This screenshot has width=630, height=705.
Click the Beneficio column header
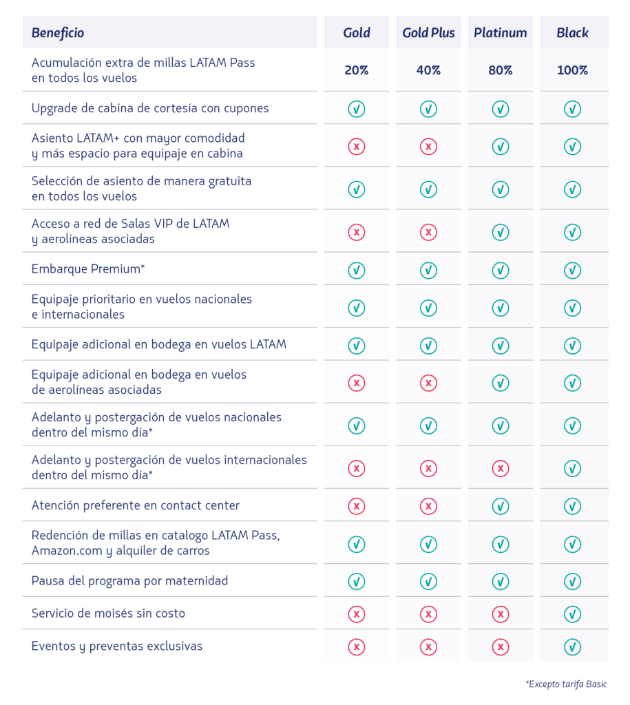click(58, 33)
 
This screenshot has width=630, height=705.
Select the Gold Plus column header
click(428, 33)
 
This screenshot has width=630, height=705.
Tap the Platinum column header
click(501, 33)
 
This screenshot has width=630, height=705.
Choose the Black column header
click(573, 33)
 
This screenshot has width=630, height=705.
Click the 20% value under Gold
click(357, 70)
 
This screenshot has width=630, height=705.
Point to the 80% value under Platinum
click(501, 70)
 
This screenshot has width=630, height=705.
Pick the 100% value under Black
click(573, 70)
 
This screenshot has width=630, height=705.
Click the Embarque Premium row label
click(87, 269)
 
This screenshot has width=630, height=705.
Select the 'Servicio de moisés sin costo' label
click(108, 613)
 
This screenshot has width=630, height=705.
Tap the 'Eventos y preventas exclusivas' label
click(117, 646)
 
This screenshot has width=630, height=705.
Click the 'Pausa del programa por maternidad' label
click(129, 581)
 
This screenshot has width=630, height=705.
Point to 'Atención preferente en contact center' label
click(136, 506)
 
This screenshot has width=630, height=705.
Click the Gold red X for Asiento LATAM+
click(357, 147)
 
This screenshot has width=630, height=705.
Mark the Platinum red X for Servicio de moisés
click(501, 614)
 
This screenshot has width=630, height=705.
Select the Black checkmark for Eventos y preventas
click(573, 647)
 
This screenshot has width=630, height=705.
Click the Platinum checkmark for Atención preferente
click(501, 507)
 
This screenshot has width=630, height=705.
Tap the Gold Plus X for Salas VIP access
click(428, 233)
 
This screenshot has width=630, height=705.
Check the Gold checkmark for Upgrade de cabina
click(357, 109)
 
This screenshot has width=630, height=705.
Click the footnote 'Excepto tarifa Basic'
click(567, 684)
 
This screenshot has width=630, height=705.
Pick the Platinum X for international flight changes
click(501, 469)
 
